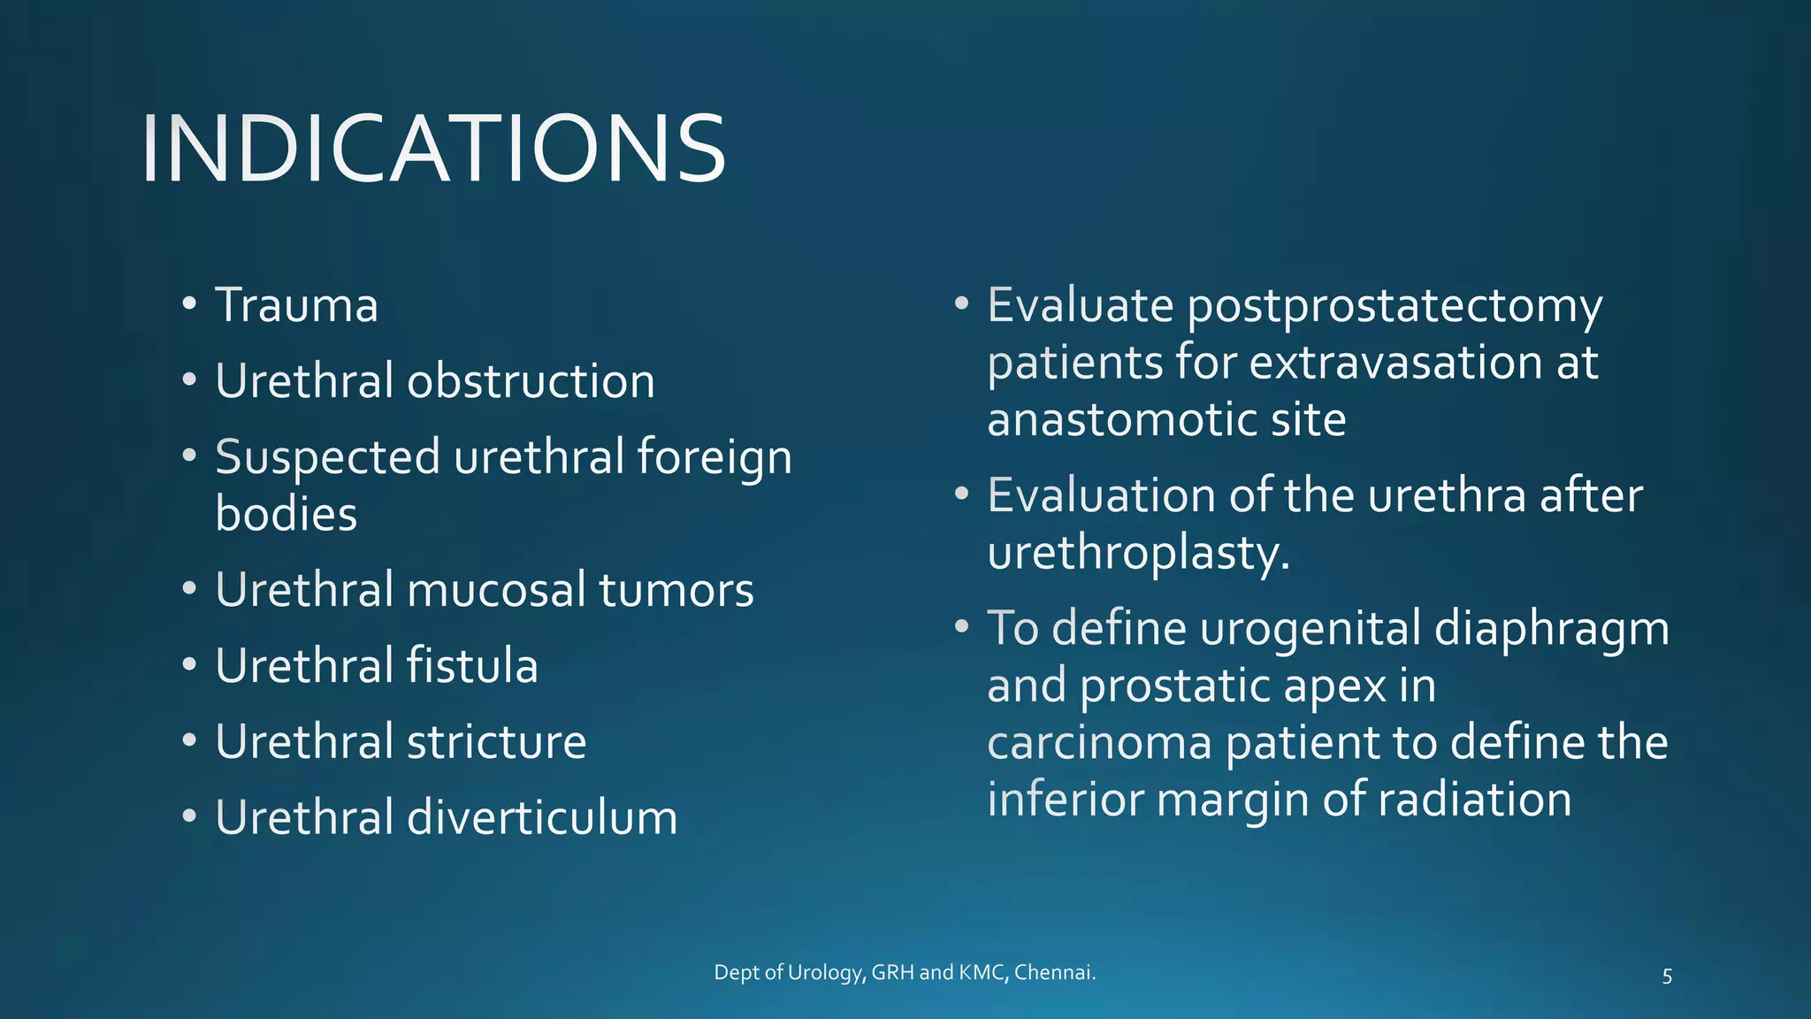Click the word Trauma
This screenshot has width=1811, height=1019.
[296, 306]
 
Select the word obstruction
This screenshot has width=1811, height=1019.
[531, 382]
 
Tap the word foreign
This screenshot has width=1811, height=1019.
[714, 458]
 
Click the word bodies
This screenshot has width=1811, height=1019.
[286, 515]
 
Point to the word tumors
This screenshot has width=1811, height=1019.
[676, 590]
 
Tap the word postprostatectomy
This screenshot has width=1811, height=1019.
[1394, 306]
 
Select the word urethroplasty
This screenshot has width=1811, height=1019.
[1138, 555]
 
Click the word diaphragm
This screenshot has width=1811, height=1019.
[1551, 630]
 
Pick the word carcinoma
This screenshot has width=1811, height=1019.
[1098, 743]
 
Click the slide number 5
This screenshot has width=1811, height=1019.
[1667, 977]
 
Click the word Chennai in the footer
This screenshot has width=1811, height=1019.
[1054, 973]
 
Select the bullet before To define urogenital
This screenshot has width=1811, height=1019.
[962, 627]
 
